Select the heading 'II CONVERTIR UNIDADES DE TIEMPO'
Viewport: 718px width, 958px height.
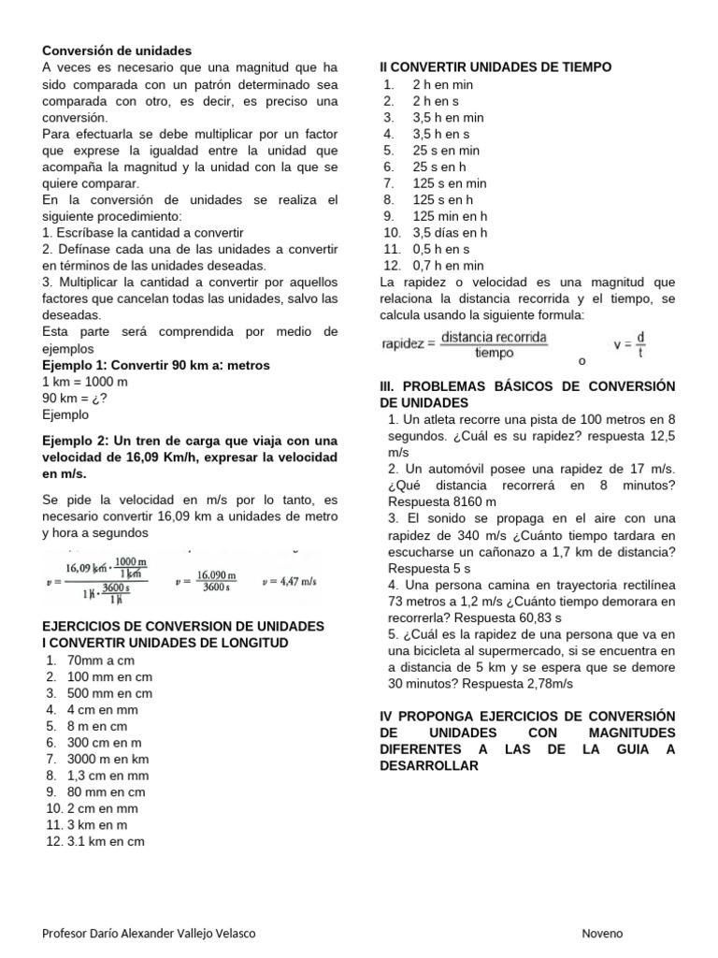tap(495, 66)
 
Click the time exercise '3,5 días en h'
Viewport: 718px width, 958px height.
tap(450, 233)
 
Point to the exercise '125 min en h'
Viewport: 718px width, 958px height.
tap(450, 216)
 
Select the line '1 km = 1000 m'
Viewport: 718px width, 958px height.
tap(86, 382)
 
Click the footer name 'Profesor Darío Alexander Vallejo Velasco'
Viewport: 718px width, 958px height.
tap(150, 934)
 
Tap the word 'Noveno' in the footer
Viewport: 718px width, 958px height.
tap(602, 934)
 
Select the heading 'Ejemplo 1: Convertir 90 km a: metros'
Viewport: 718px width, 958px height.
tap(156, 365)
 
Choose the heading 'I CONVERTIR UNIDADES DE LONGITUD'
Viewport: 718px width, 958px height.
tap(165, 643)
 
